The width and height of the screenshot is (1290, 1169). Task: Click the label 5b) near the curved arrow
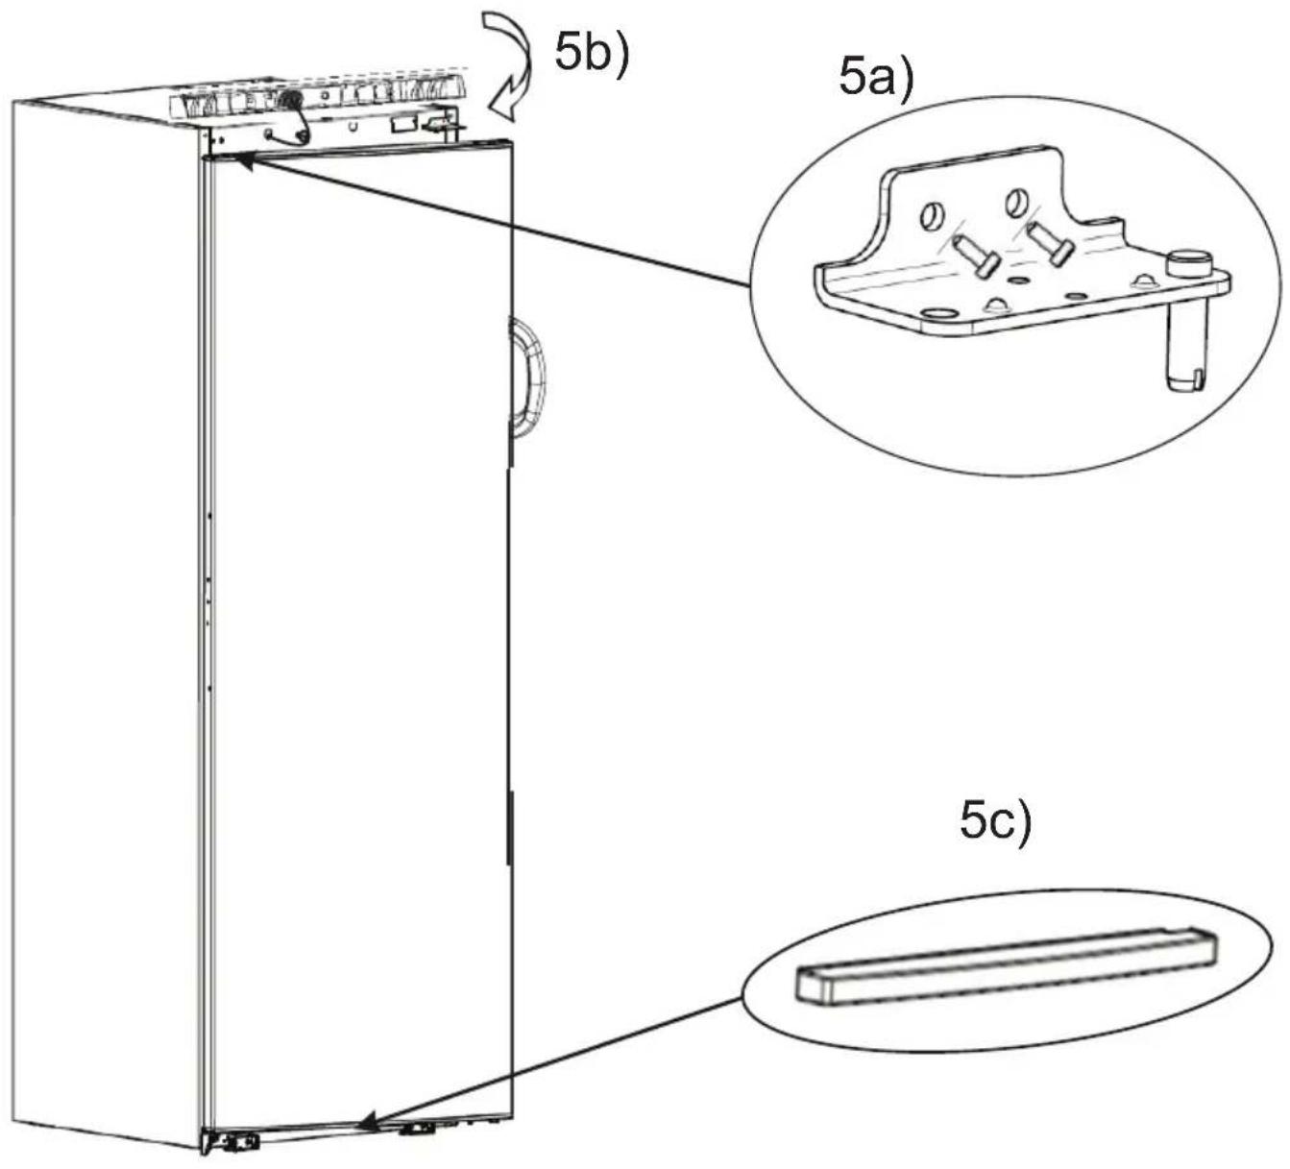(x=591, y=54)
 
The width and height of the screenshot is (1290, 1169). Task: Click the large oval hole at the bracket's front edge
(x=937, y=313)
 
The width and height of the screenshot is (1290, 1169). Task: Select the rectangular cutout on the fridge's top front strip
(x=403, y=123)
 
